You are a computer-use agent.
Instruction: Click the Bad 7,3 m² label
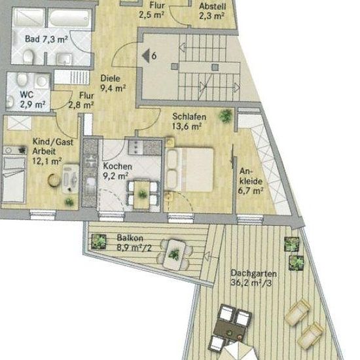pos(46,39)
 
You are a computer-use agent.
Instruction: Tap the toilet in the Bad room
pos(29,56)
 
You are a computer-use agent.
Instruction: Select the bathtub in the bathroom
pos(69,18)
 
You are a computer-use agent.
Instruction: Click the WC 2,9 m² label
pos(32,99)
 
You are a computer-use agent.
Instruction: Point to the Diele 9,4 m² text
pos(113,83)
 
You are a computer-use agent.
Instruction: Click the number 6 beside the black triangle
pos(154,56)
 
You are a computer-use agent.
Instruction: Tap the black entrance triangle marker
pos(146,56)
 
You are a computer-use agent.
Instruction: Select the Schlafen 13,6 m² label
pos(189,122)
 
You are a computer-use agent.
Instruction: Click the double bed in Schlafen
pos(189,170)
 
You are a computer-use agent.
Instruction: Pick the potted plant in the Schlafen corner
pos(226,116)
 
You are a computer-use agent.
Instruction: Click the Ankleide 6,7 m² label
pos(251,181)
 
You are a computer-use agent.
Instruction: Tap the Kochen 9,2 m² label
pos(117,171)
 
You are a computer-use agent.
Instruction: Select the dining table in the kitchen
pos(142,194)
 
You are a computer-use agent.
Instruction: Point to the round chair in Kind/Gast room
pos(54,180)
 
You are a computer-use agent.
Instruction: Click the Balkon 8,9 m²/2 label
pos(134,243)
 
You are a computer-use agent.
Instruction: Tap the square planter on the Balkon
pos(99,242)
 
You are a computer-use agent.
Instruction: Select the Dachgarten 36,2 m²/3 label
pos(253,278)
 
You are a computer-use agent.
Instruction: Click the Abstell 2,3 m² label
pos(212,11)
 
